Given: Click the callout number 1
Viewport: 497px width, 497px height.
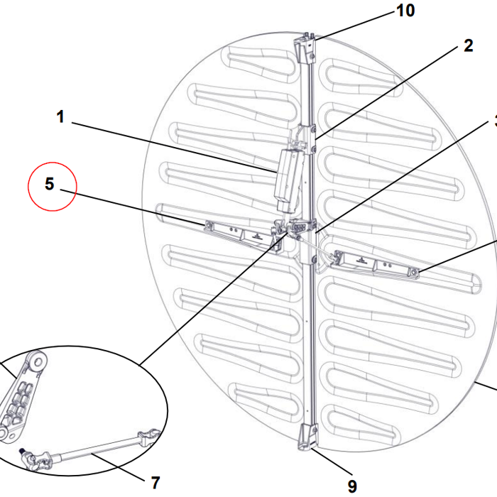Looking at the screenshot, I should (x=61, y=116).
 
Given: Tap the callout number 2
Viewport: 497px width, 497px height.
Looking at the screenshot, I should (x=467, y=46).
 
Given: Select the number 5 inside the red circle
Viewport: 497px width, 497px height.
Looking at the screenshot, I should (x=50, y=184).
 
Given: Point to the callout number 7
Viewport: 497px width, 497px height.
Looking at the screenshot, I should (x=155, y=483).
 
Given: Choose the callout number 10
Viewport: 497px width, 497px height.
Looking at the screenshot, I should (x=405, y=11).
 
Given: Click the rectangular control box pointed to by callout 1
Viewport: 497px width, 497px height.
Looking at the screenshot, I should (x=288, y=179).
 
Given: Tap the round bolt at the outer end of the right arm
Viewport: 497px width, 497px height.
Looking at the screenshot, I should (x=415, y=272).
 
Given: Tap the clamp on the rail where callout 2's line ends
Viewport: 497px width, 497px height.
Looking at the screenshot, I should (x=308, y=138).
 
